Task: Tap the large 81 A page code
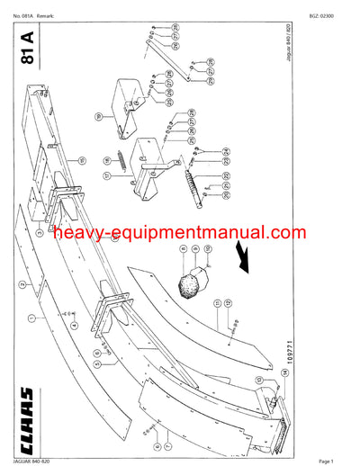26,50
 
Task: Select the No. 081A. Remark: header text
35,17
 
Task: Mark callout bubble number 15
82,161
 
